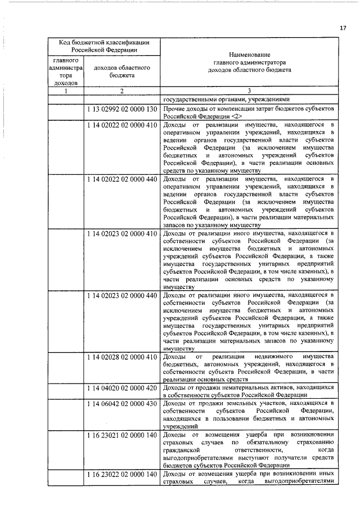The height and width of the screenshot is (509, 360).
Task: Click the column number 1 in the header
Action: tap(65, 91)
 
